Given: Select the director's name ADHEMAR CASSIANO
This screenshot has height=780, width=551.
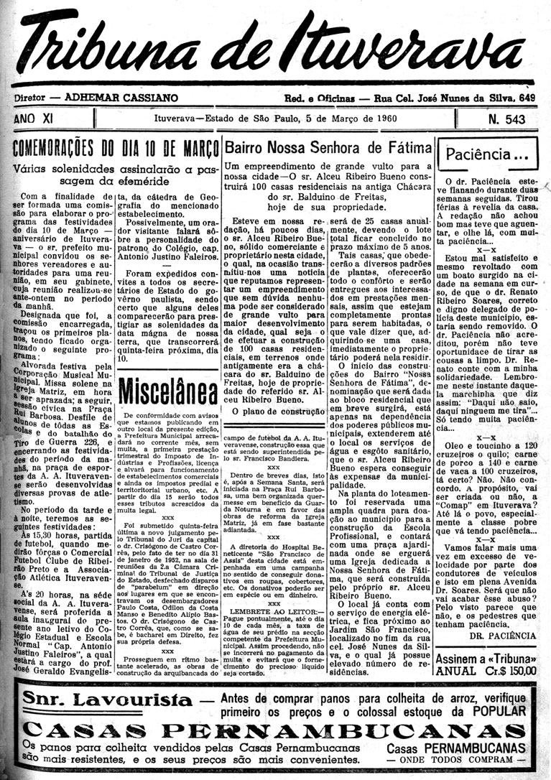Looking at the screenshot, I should pos(121,97).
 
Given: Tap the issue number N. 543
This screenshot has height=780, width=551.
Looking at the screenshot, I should pos(506,119).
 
